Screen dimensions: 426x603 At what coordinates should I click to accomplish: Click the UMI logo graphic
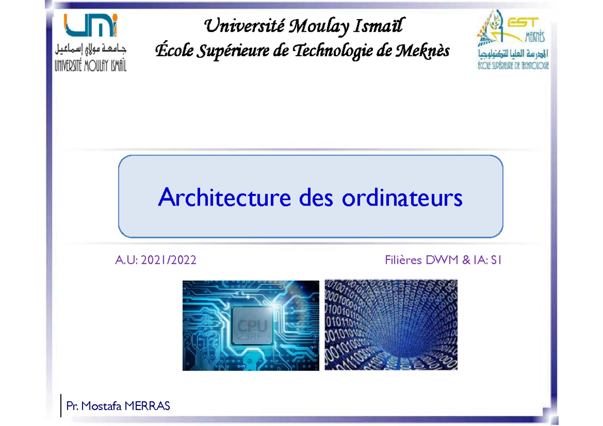[91, 26]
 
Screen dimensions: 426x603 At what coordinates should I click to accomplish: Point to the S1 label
[496, 260]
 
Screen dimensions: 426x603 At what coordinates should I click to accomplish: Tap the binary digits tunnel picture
[391, 325]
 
